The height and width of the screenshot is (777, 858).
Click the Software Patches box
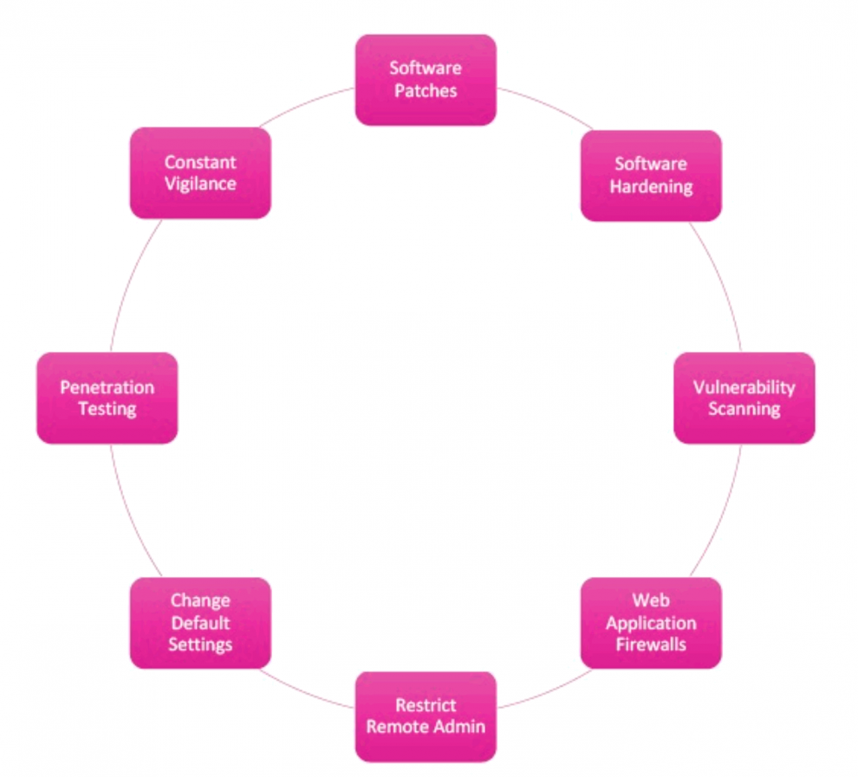coord(426,79)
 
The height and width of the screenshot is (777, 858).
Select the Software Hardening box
coord(650,175)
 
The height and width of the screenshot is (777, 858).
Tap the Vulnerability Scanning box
coord(744,398)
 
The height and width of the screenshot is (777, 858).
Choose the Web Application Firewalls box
coord(650,622)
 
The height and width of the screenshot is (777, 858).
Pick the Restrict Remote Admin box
coord(426,715)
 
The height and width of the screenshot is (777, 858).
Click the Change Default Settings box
coord(200,622)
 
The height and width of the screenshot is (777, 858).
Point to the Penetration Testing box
coord(107,398)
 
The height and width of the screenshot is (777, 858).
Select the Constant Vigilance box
coord(200,172)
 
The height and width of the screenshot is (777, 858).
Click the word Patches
coord(426,90)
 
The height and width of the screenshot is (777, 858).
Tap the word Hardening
coord(651,186)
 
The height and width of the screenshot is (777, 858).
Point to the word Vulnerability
coord(744,387)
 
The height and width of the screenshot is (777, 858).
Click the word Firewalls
coord(651,644)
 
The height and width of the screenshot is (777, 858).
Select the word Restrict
coord(426,704)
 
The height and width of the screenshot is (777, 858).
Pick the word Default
coord(200,622)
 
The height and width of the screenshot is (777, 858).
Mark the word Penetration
coord(107,387)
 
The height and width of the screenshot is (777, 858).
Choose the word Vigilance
coord(200,184)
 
